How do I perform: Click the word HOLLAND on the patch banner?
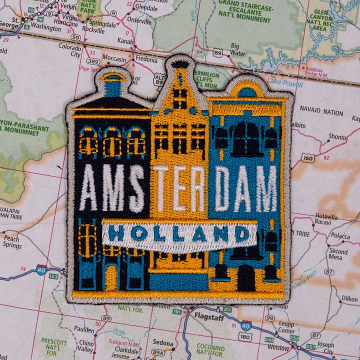tap(179, 234)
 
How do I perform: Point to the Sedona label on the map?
tap(162, 343)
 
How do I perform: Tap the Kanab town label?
tap(125, 41)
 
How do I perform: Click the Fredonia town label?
tap(147, 58)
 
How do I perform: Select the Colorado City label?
tap(69, 50)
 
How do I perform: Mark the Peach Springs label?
tap(12, 242)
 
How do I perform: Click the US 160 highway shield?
tap(308, 158)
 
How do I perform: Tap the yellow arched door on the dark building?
tap(111, 278)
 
